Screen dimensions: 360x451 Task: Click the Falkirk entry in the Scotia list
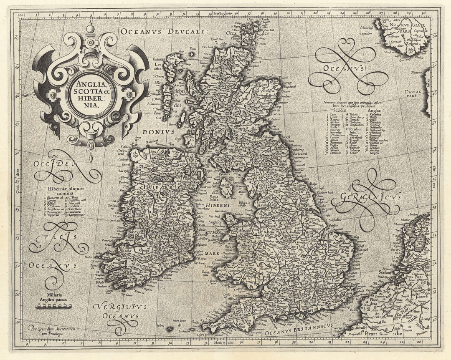pos(351,114)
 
